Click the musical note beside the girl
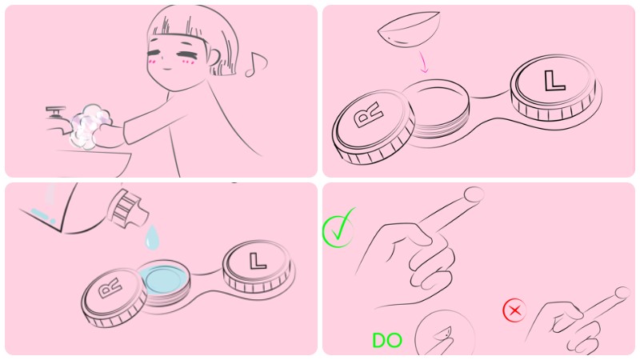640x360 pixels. tap(256, 65)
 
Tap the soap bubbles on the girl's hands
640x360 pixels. tap(90, 126)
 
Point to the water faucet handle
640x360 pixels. tap(55, 110)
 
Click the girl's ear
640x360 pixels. tap(215, 57)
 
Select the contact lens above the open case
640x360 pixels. tap(410, 29)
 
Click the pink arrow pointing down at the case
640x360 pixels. tap(424, 62)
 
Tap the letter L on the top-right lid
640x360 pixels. tap(554, 81)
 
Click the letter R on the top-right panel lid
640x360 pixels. tap(369, 114)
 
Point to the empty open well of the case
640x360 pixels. tap(436, 106)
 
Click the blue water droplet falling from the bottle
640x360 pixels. tap(152, 237)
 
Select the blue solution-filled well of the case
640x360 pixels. tap(164, 278)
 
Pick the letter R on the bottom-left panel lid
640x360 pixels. tap(110, 288)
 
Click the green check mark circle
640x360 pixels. tap(338, 229)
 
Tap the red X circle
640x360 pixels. tap(514, 310)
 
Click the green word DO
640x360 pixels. tap(387, 341)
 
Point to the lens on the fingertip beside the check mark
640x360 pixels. tap(474, 194)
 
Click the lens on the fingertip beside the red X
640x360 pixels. tap(622, 293)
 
